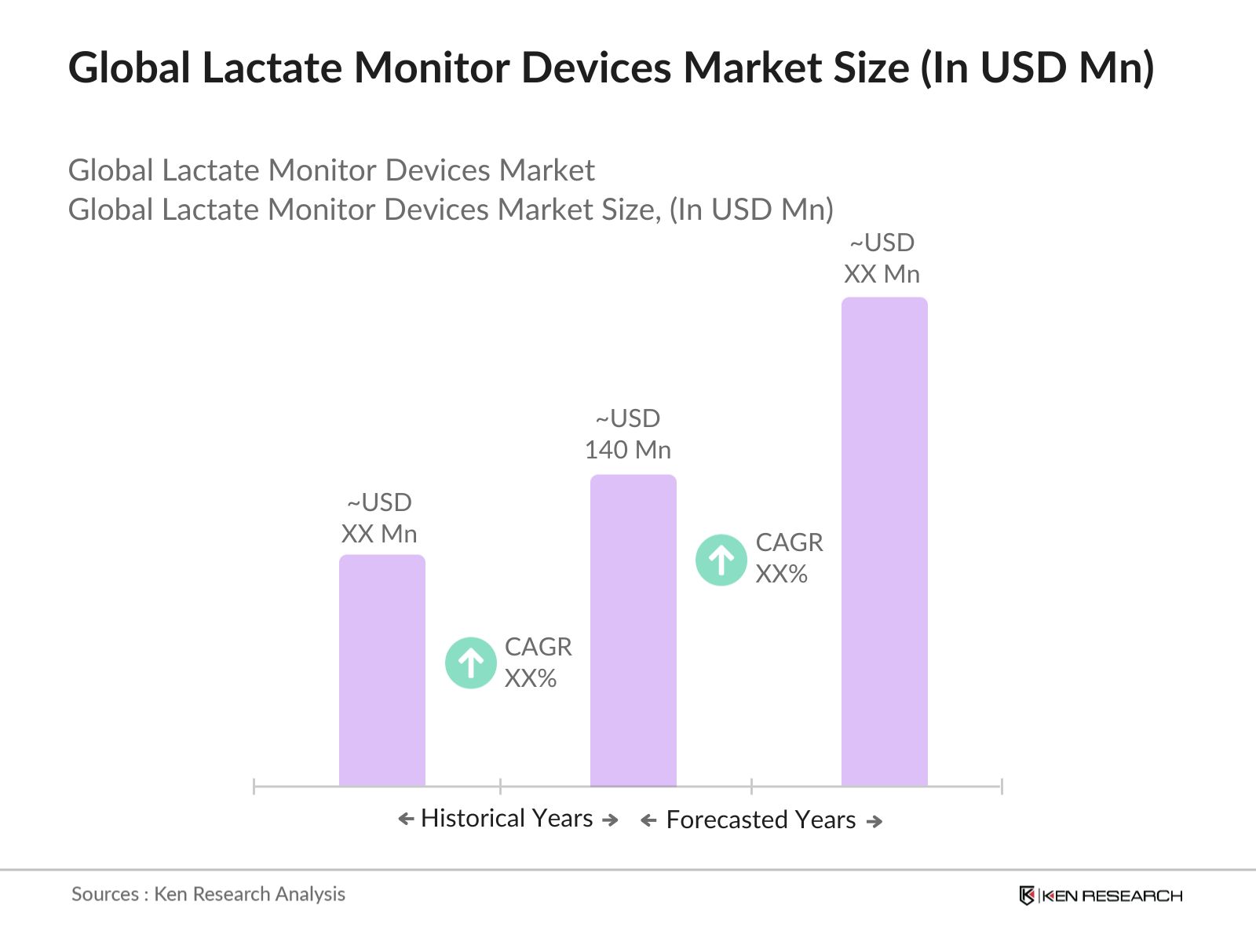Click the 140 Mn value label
coord(628,450)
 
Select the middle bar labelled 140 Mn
coord(633,628)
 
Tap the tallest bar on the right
coord(884,542)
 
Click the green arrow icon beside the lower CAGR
coord(470,663)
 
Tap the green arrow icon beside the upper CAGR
coord(721,560)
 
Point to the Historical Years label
coord(506,818)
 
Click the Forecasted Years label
coord(760,820)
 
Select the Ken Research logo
coord(1100,896)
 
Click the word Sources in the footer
coord(104,894)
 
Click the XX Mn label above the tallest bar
coord(882,274)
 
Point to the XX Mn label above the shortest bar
coord(379,534)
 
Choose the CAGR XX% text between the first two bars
coord(537,663)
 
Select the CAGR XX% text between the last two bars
coord(788,558)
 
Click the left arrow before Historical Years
coord(406,820)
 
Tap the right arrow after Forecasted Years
coord(874,822)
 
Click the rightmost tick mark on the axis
coord(1002,786)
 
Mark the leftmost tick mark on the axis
coord(254,786)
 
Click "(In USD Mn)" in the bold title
coord(1037,68)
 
